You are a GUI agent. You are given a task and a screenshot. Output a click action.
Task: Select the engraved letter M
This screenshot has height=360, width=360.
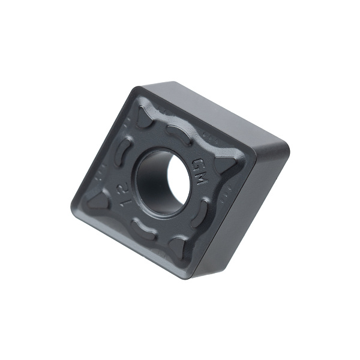(200, 178)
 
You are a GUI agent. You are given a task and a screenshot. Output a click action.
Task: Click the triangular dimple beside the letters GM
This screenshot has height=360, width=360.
(224, 164)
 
